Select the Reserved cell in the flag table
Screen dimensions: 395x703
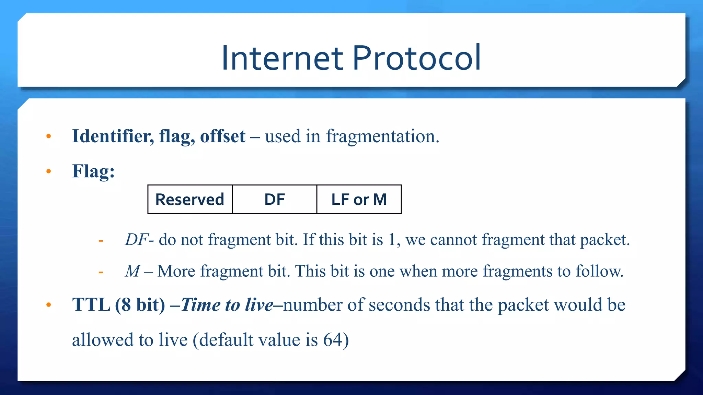point(190,200)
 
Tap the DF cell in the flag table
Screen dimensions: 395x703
point(275,200)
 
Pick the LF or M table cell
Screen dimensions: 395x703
point(359,200)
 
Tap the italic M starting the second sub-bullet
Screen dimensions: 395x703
point(132,271)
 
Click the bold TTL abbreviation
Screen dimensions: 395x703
point(91,304)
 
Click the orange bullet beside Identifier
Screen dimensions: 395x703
point(49,136)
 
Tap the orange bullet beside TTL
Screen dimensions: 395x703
point(49,304)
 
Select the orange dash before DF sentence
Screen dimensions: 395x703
point(101,241)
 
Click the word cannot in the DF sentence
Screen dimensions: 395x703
point(453,239)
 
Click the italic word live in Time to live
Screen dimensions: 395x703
point(259,304)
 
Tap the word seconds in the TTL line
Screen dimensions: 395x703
point(399,304)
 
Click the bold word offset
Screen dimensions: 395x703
point(223,136)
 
